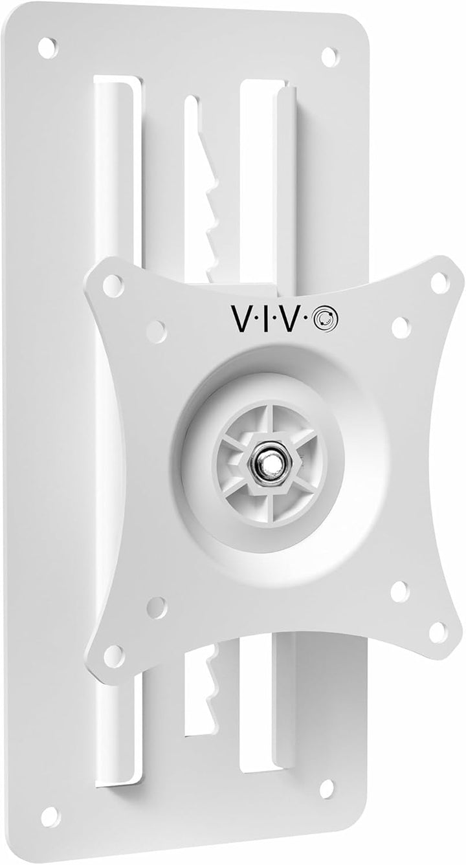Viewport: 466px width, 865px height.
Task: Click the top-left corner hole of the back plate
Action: click(47, 47)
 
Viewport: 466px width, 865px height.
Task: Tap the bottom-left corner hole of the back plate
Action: click(50, 816)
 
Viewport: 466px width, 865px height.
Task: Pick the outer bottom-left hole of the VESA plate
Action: click(113, 655)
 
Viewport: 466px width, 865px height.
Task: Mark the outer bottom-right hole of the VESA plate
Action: click(438, 632)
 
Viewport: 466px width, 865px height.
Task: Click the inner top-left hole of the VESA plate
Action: click(157, 330)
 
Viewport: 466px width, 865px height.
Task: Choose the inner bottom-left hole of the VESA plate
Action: click(156, 607)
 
